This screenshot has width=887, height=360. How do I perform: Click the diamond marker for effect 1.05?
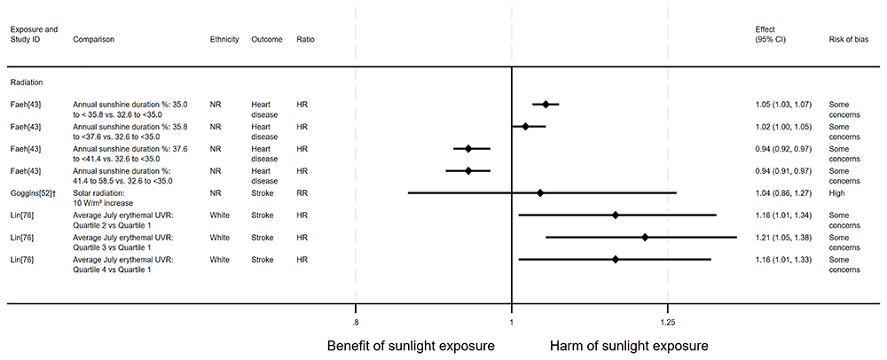546,105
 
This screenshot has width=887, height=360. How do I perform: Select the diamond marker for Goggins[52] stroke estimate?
540,192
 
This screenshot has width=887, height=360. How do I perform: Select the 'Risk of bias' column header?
849,40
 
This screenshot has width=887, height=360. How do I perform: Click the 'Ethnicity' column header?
224,40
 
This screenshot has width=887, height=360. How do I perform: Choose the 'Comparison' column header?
93,40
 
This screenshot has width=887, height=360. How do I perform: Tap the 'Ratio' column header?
305,40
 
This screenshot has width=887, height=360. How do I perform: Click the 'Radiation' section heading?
27,82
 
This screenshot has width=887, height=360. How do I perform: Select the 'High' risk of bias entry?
836,192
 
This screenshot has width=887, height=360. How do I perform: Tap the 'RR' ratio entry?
302,192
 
